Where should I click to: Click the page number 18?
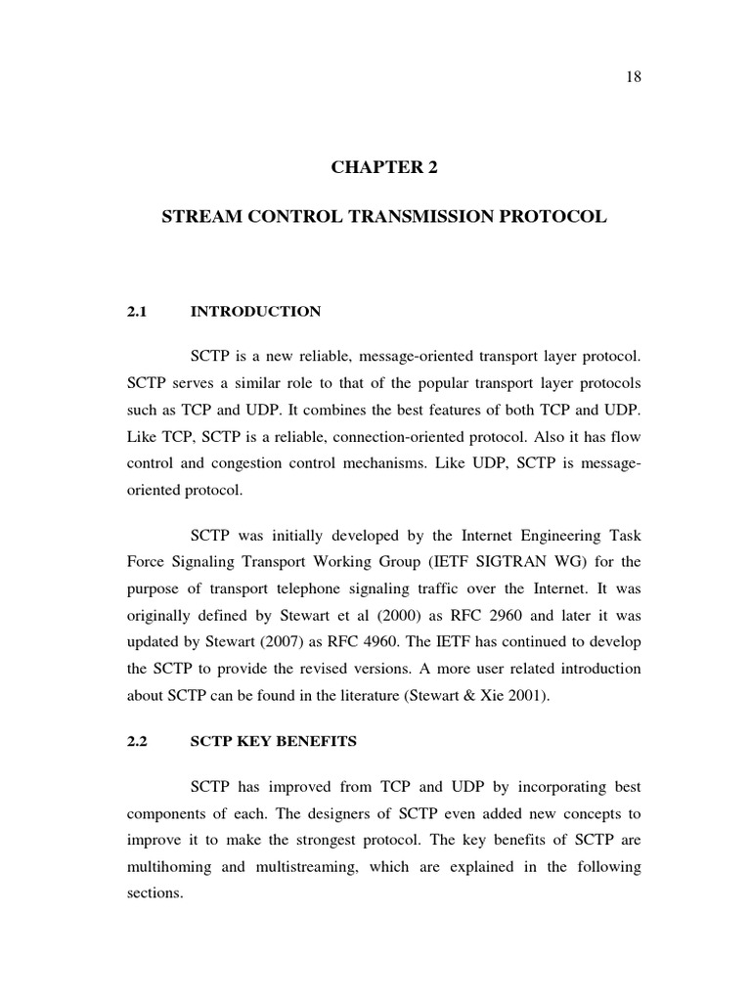633,77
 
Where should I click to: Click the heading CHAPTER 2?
384,167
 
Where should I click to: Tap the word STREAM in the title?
199,218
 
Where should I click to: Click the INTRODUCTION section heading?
255,312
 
